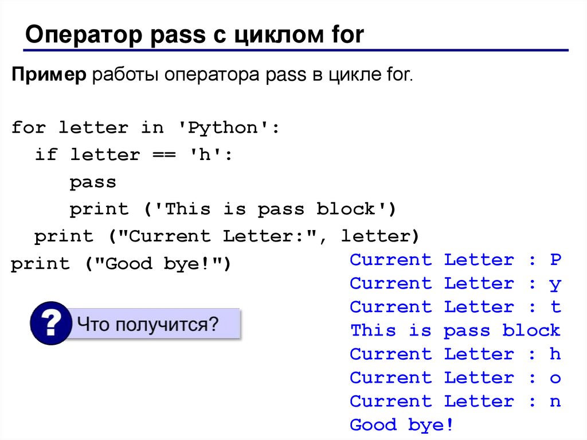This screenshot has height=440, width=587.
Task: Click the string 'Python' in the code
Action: point(221,128)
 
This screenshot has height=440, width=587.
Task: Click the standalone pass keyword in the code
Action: point(93,182)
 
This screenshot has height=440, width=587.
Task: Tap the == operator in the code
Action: point(163,155)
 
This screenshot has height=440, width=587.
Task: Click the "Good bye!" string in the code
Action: point(157,264)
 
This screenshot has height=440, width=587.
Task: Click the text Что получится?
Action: point(148,324)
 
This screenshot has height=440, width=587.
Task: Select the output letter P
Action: point(555,260)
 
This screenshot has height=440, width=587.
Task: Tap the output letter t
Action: point(555,307)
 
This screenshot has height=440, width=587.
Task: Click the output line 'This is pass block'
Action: point(455,330)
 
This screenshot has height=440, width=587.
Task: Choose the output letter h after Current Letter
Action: point(555,354)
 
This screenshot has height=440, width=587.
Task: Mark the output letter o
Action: point(555,378)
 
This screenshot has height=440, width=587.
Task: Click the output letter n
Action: point(555,402)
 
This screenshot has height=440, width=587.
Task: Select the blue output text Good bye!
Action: point(401,425)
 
